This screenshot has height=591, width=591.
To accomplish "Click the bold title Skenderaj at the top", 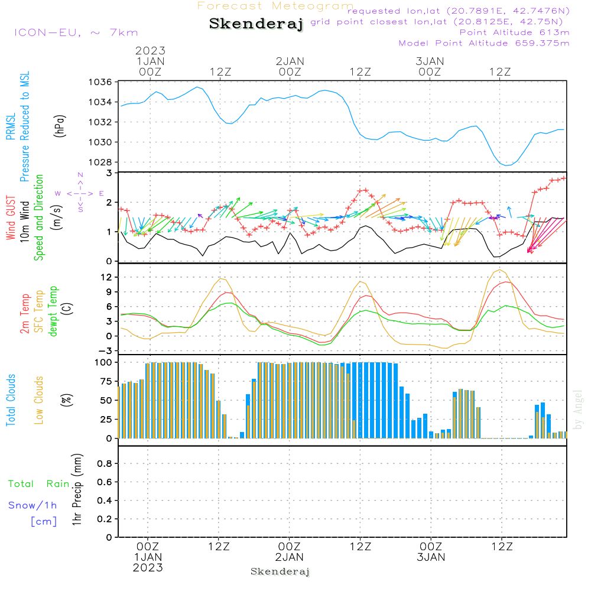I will (x=256, y=24).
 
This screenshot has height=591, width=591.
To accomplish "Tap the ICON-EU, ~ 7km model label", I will (x=76, y=33).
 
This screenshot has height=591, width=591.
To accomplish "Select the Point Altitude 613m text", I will (x=514, y=33).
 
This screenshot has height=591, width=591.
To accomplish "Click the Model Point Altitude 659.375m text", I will (x=484, y=43).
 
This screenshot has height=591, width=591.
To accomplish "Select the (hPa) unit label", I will (x=60, y=125).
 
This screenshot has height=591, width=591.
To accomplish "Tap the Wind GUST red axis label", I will (x=11, y=219).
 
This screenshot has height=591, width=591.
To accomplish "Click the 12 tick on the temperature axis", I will (x=107, y=277).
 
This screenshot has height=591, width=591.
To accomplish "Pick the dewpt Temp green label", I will (x=53, y=311).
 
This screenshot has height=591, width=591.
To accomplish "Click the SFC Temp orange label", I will (x=39, y=311).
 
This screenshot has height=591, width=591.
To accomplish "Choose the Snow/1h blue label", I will (x=33, y=505).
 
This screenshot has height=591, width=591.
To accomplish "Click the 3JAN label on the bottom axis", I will (x=431, y=557).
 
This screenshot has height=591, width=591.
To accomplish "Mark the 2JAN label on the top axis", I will (x=290, y=61).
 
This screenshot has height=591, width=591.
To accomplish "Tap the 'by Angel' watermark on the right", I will (x=578, y=410).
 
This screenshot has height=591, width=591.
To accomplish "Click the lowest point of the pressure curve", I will (x=506, y=165).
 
